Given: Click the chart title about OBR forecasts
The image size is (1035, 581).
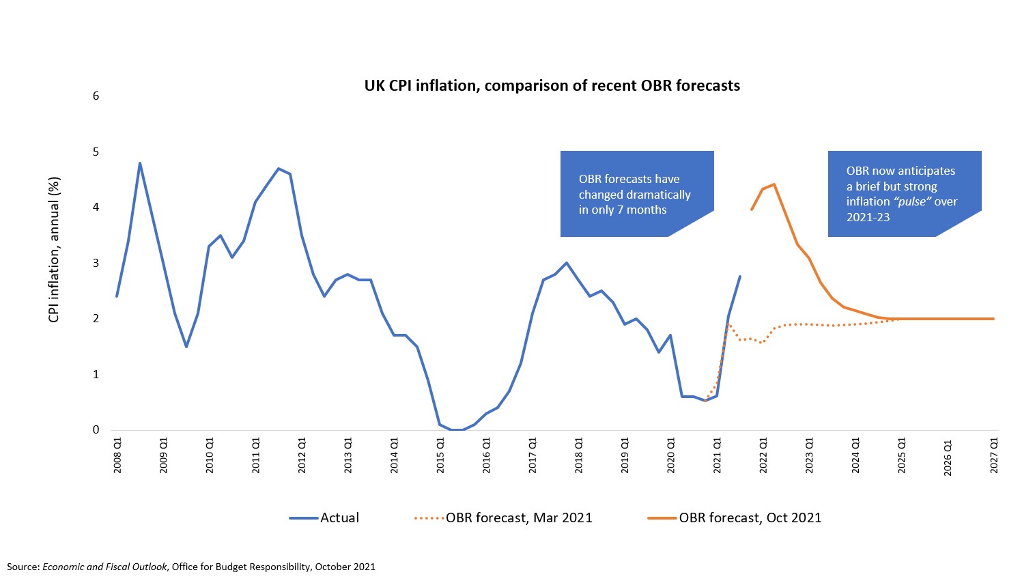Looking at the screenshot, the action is pos(552,85).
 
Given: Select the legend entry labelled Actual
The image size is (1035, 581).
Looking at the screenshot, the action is pos(324,518).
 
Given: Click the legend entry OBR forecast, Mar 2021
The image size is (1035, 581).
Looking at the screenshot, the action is pos(503,518).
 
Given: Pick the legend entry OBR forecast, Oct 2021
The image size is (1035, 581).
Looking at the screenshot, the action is pos(735,518).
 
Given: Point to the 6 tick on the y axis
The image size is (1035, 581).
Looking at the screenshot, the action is pos(96,96).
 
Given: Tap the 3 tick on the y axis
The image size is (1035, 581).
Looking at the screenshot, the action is pos(96,263).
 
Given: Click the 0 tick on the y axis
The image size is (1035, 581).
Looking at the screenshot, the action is pos(96,430).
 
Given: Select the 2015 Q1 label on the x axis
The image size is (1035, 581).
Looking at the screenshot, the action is pos(440,456).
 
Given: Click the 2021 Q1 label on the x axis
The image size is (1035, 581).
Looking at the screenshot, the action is pos(717,456).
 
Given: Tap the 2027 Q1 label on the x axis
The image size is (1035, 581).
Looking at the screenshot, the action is pos(994,456).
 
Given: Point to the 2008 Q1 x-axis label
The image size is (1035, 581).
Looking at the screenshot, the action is pos(117,456).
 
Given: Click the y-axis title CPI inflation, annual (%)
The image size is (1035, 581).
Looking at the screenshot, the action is pos(54,250).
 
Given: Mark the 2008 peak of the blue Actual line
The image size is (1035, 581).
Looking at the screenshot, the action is pos(139,162).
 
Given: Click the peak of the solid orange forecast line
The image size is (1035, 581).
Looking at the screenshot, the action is pos(774,184).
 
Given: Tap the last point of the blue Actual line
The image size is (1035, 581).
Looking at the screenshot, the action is pos(740,277).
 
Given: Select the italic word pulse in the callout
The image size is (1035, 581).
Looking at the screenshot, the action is pos(912,202).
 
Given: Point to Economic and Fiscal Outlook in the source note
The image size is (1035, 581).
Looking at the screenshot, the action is pos(104,567).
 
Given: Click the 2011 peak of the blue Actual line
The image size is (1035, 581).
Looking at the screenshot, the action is pos(278,168).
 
